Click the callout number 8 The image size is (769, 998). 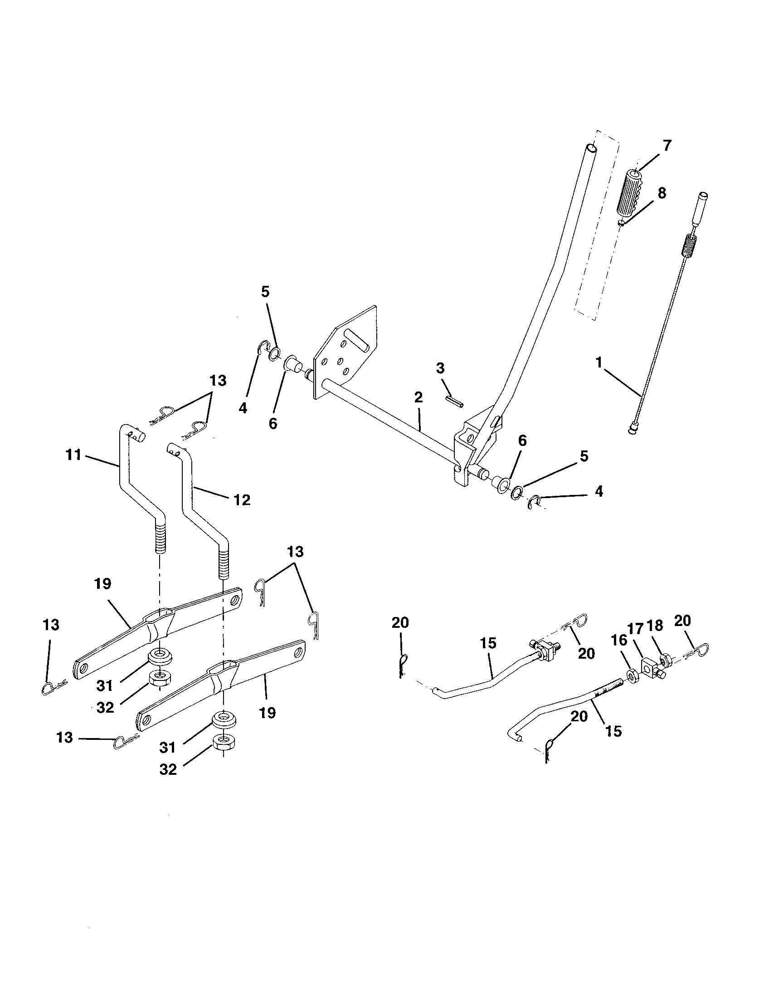(662, 193)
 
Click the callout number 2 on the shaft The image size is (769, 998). (419, 397)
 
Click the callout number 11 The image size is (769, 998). (73, 455)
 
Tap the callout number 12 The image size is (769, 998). (242, 500)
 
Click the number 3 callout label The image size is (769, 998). (440, 367)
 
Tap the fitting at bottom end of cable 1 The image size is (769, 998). (632, 429)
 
